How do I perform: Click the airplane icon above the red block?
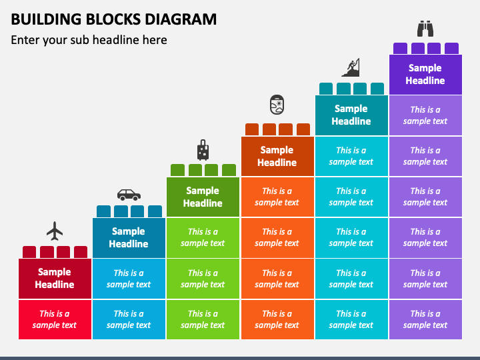point(55,231)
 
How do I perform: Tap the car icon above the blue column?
point(129,195)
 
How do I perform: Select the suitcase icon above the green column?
point(203,150)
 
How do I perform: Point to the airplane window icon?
point(277,105)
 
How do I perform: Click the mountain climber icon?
point(351,67)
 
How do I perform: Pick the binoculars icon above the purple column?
point(425,29)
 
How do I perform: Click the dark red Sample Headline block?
point(55,279)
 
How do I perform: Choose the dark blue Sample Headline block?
point(129,238)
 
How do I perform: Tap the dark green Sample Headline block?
point(203,197)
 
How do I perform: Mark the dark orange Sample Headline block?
point(277,156)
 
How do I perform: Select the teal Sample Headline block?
point(351,115)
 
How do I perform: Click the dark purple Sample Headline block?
point(425,75)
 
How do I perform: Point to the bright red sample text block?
point(55,319)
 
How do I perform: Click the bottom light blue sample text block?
point(129,319)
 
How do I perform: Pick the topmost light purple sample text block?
point(425,115)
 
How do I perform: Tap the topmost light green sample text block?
point(203,238)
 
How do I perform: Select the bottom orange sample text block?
point(277,319)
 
